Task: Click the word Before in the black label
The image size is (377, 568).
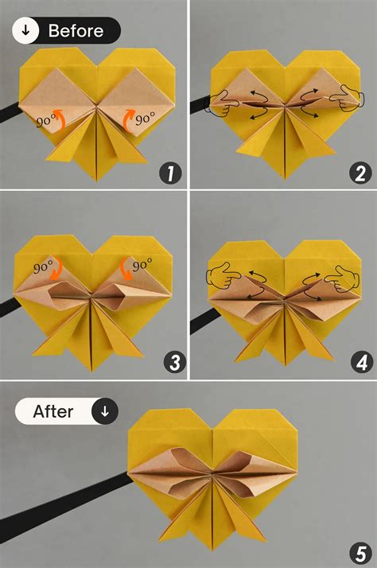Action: coord(76,31)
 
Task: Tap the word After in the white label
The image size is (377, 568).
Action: coord(53,411)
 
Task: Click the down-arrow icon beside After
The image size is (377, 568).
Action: coord(105,411)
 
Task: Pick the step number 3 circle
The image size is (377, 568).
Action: coord(169,363)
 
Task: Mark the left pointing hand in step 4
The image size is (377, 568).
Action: coord(222,278)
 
